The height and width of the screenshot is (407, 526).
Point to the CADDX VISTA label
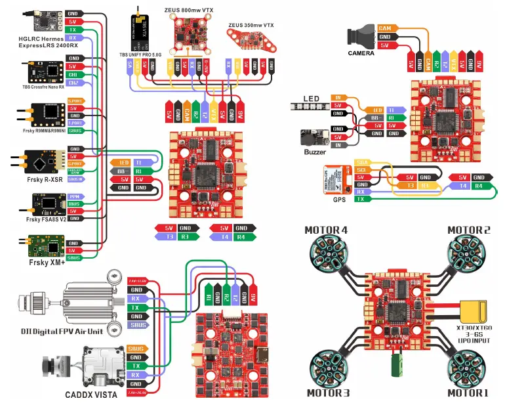pos(91,395)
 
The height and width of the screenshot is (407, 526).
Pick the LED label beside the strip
pos(312,98)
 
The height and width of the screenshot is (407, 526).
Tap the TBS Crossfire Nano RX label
pos(43,87)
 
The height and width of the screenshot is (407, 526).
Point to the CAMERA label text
pos(361,53)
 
